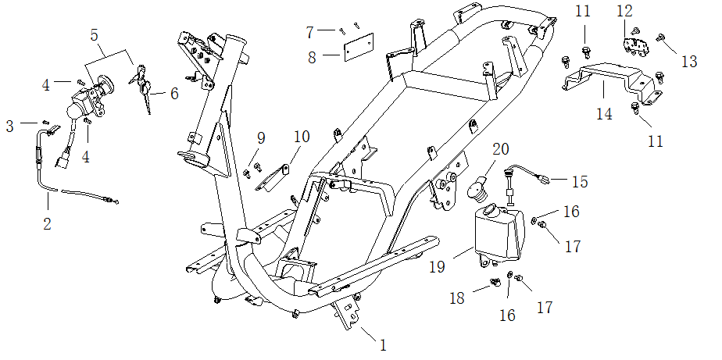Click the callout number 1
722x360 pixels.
pyautogui.click(x=383, y=344)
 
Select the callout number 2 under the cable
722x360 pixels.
pyautogui.click(x=47, y=224)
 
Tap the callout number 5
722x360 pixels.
pyautogui.click(x=95, y=35)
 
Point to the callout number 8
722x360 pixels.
pyautogui.click(x=311, y=56)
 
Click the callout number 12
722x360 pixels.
pyautogui.click(x=624, y=11)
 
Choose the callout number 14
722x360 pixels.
pyautogui.click(x=604, y=114)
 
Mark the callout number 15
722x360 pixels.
pyautogui.click(x=579, y=181)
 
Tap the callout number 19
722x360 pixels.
pyautogui.click(x=437, y=267)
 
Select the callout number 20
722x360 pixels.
pyautogui.click(x=500, y=148)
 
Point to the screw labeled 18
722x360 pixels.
pyautogui.click(x=494, y=283)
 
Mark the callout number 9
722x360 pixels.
pyautogui.click(x=260, y=137)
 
